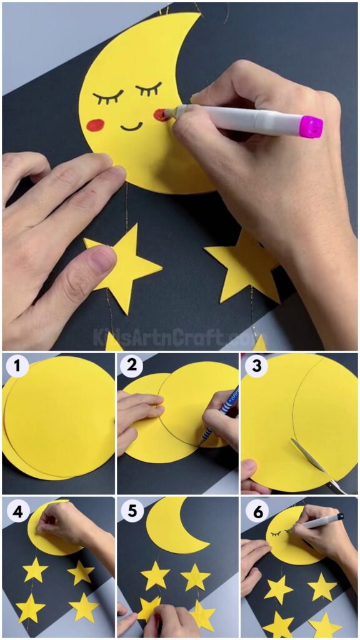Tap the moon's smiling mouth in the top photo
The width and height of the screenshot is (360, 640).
coord(131,127)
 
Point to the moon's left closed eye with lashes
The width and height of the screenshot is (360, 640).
coord(108,97)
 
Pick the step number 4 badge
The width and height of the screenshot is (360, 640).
coord(17,512)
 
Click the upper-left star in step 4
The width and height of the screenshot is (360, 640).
coord(35,570)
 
